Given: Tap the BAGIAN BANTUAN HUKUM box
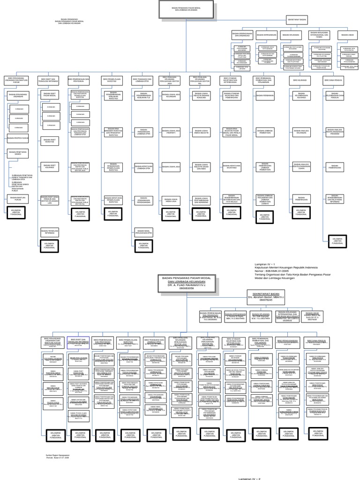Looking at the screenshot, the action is [x=17, y=198].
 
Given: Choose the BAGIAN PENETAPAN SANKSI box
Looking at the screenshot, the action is [x=17, y=153].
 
